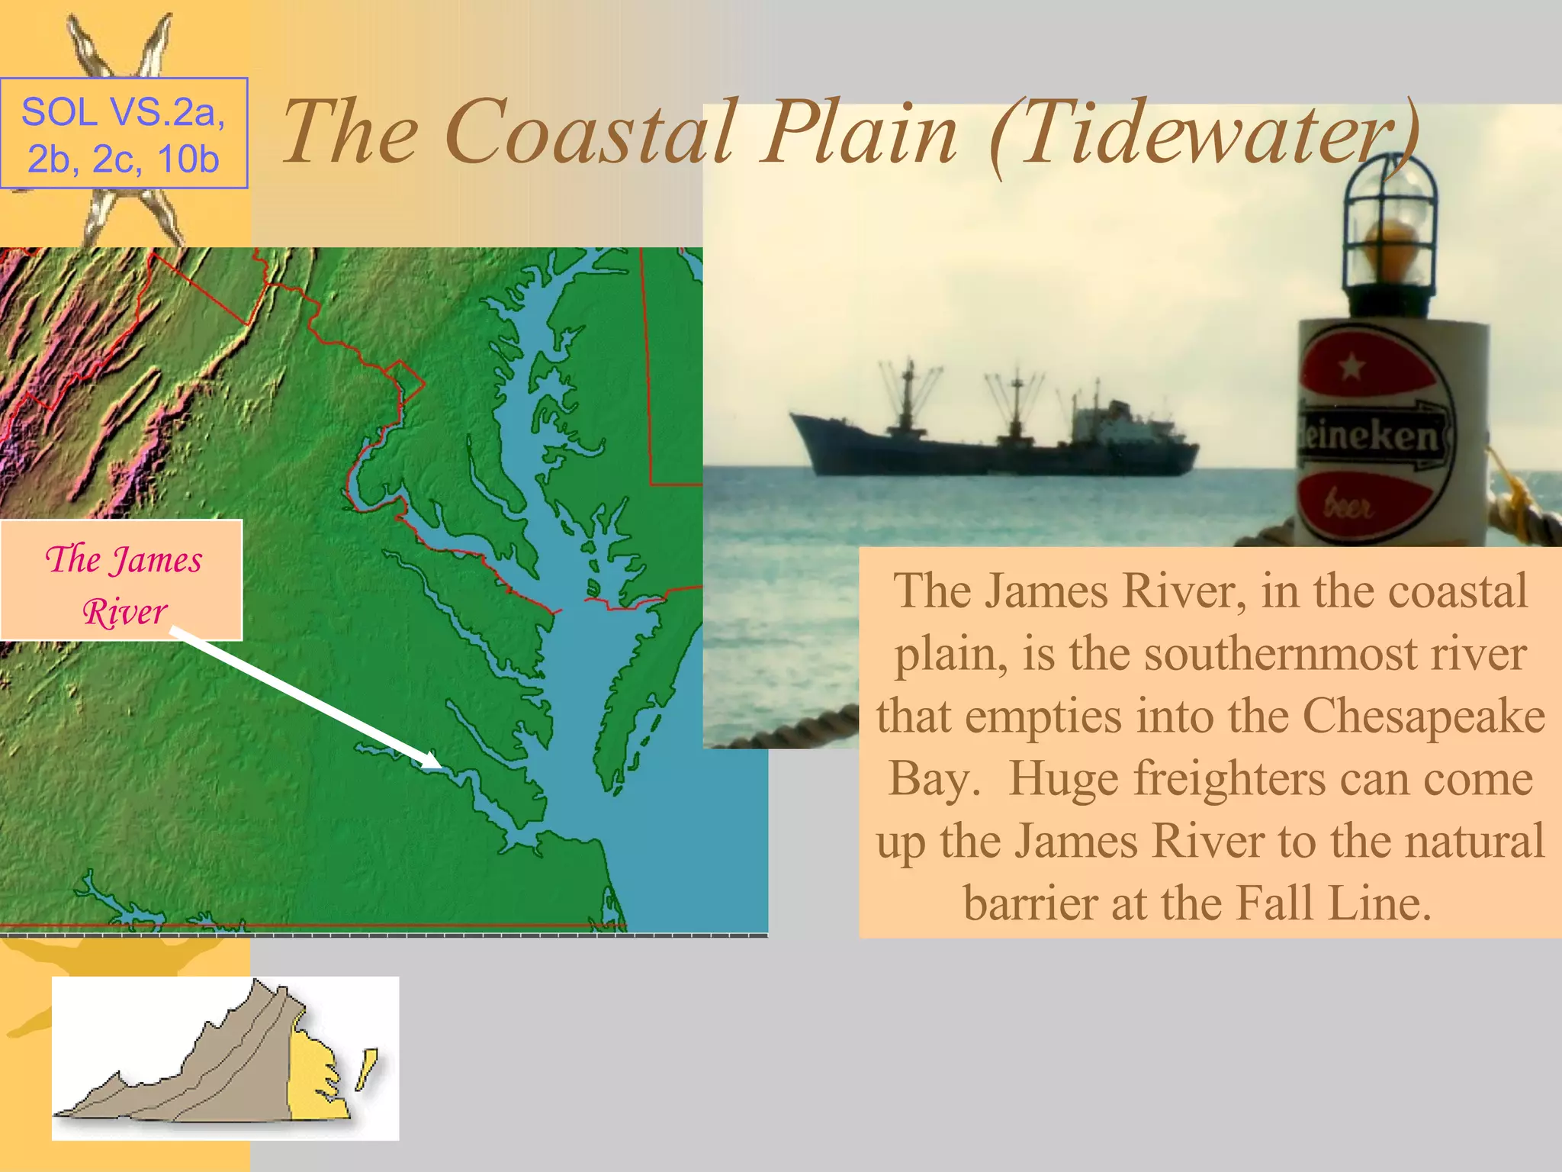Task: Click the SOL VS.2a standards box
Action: (x=124, y=134)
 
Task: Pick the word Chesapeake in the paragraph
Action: (x=1423, y=716)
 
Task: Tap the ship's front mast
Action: (x=908, y=393)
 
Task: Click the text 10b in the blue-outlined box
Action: (x=188, y=159)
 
